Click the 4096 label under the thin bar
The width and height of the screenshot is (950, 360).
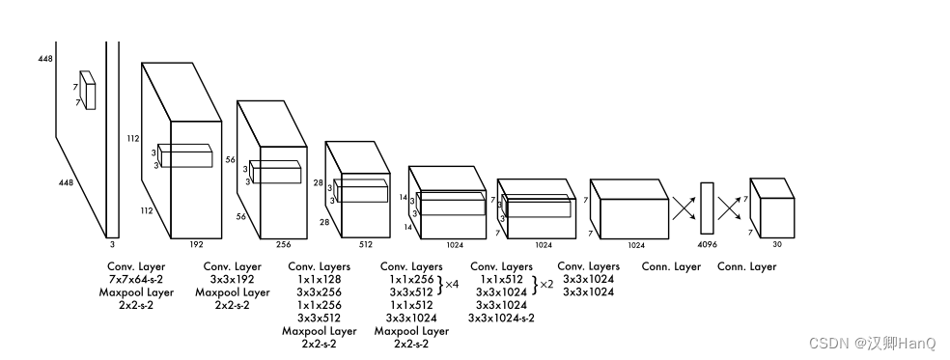point(707,245)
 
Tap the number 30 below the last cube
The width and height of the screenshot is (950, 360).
point(777,245)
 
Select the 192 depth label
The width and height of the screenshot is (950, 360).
point(196,245)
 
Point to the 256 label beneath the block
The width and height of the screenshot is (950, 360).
point(284,245)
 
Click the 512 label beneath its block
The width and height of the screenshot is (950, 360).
point(365,245)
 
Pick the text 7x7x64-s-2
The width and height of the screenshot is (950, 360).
point(136,279)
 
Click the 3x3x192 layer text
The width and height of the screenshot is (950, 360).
point(232,279)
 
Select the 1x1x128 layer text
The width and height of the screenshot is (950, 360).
point(319,279)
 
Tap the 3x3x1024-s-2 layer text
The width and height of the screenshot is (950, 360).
point(502,318)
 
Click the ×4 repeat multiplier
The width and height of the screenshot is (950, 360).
point(452,284)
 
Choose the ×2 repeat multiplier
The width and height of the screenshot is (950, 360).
point(546,284)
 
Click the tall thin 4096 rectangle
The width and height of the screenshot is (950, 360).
point(707,208)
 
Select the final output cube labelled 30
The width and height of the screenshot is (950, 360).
point(772,208)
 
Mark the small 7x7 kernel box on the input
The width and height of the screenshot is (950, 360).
point(89,91)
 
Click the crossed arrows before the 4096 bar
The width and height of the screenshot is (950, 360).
point(684,208)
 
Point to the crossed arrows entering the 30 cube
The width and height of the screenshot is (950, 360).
point(730,208)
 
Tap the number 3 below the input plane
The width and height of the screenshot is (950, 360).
point(112,245)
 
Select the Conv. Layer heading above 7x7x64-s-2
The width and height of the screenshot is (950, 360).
point(136,266)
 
